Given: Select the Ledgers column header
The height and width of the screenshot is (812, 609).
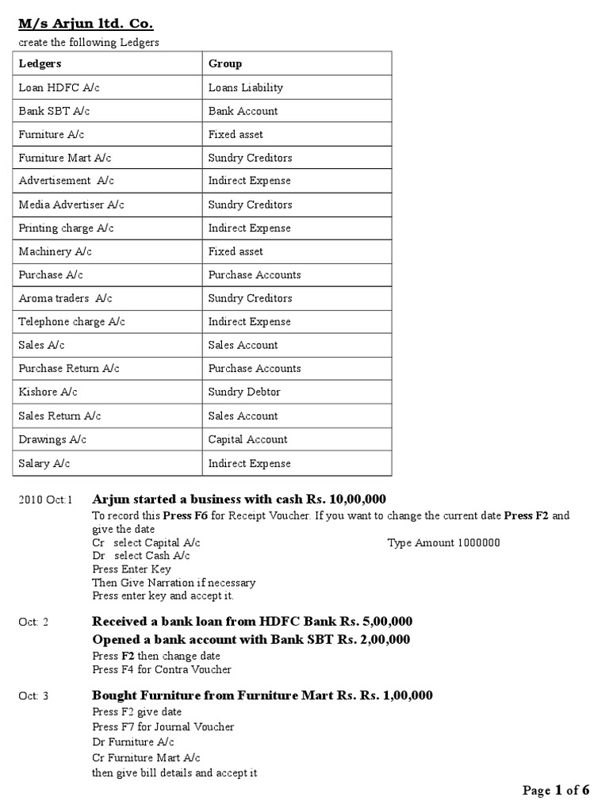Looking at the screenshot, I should point(40,63).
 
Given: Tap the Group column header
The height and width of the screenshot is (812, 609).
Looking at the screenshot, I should point(225,63).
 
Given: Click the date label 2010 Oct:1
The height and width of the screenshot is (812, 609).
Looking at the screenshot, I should point(45,500).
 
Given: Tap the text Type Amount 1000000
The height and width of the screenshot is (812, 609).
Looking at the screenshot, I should point(444,542).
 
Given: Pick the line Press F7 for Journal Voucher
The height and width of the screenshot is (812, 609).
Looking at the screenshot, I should point(163,726).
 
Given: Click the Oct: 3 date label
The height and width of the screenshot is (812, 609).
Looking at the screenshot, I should point(34,696).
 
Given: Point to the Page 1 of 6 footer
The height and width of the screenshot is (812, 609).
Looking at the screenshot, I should point(556,790).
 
